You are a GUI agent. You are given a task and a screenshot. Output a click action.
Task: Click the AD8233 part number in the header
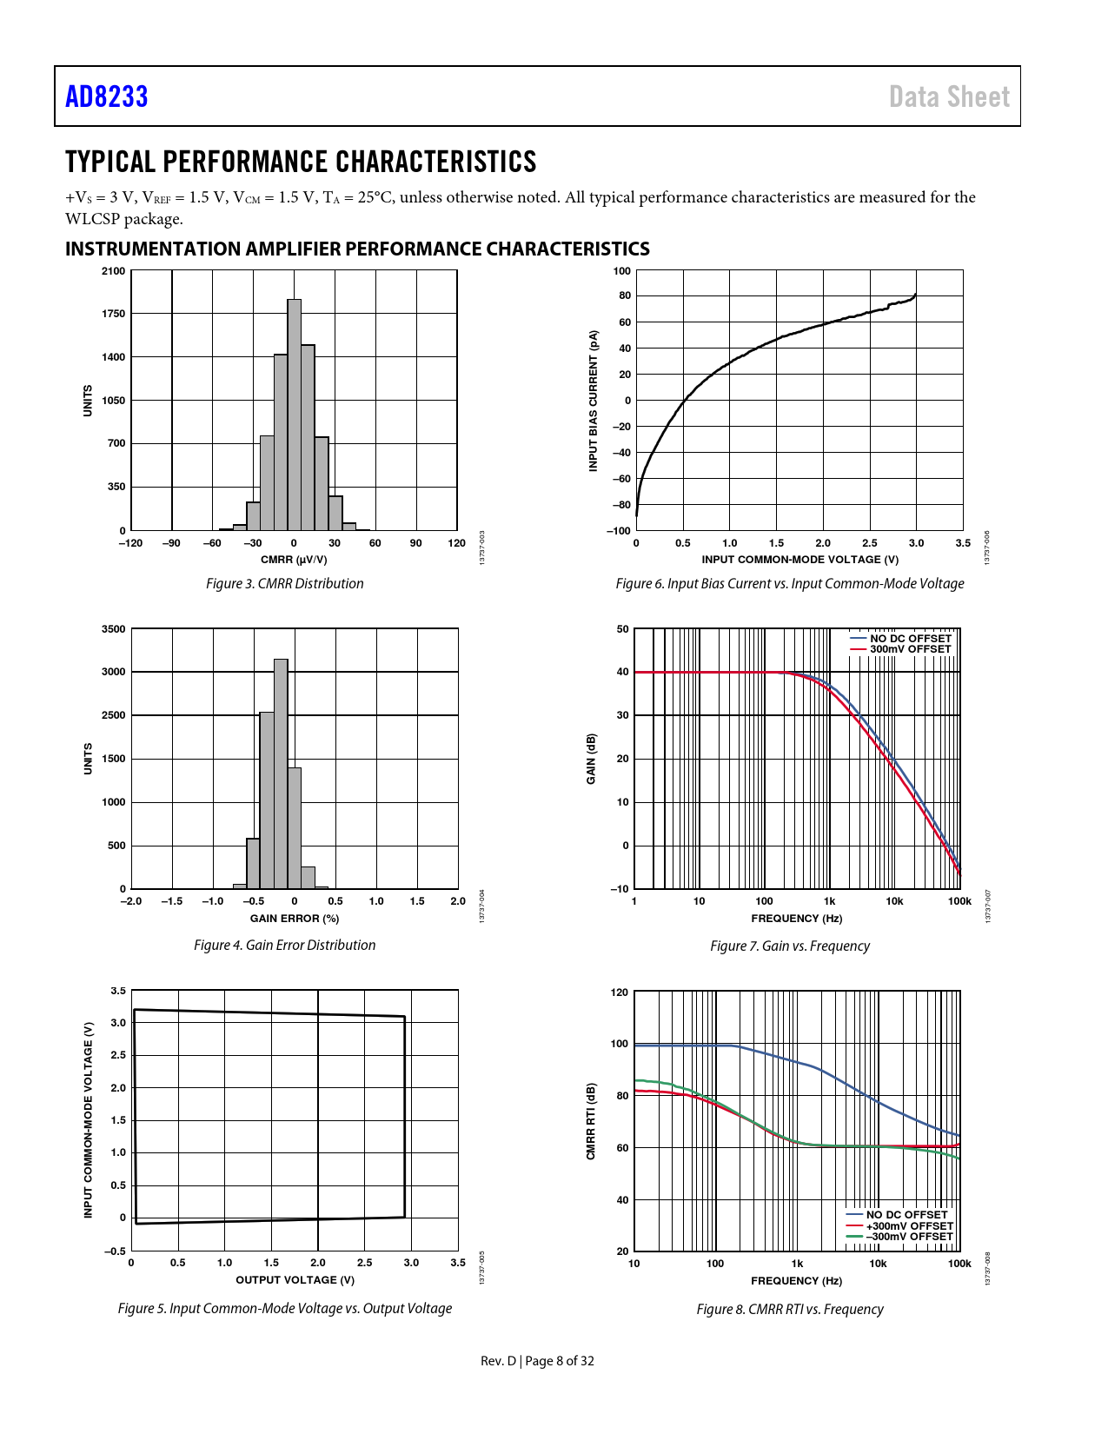[x=107, y=96]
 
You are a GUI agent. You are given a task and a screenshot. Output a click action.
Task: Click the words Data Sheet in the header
[x=949, y=96]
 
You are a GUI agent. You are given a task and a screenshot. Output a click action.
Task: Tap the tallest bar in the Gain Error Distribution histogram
[x=281, y=773]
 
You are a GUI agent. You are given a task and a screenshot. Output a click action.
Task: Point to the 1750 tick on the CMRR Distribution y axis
[x=113, y=314]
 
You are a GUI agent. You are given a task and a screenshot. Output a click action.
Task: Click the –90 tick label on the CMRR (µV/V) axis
[x=171, y=543]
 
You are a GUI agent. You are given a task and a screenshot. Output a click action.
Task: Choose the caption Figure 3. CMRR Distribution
[x=285, y=583]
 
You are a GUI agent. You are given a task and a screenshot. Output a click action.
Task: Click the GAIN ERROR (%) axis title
[x=295, y=918]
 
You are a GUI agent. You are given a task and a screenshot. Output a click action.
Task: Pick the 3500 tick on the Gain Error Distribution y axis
[x=113, y=628]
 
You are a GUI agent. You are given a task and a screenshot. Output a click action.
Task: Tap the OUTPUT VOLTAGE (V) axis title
[x=295, y=1279]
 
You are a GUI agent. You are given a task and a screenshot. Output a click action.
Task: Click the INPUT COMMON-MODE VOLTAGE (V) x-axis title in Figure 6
[x=799, y=560]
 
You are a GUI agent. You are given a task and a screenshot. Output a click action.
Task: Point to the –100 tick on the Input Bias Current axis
[x=620, y=530]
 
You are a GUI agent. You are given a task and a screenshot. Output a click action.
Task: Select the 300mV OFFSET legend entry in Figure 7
[x=910, y=649]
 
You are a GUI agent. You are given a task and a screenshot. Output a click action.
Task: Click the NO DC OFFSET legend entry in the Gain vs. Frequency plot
[x=910, y=639]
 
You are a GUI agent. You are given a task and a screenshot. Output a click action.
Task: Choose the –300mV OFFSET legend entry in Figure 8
[x=909, y=1236]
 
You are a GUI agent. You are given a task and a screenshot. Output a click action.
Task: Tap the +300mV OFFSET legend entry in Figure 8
[x=909, y=1225]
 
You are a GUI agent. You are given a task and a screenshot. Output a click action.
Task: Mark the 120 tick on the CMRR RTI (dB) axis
[x=619, y=992]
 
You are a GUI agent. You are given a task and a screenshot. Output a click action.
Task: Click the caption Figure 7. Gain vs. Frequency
[x=790, y=946]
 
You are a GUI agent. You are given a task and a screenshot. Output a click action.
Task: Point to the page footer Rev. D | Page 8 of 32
[x=537, y=1360]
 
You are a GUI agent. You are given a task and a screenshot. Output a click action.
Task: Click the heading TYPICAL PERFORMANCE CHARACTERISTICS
[x=301, y=162]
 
